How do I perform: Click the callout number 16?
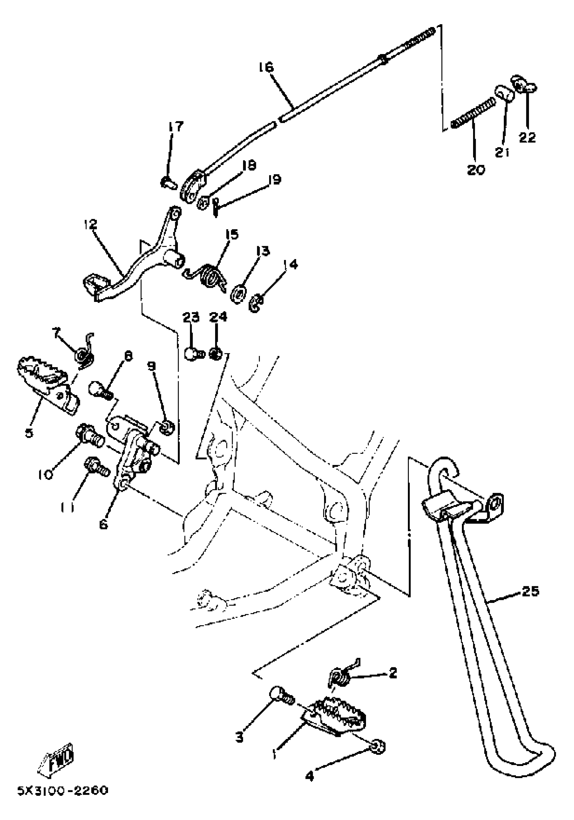point(266,67)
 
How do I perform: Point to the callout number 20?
point(476,170)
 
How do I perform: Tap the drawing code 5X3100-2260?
point(63,791)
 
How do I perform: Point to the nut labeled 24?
point(216,354)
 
